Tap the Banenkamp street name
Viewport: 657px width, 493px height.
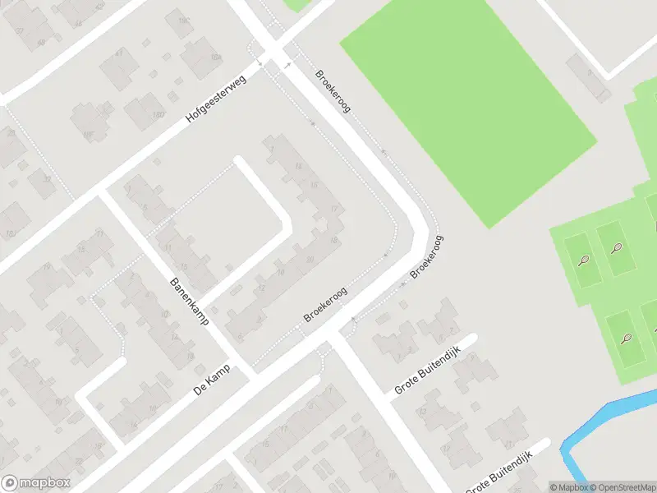[x=189, y=302]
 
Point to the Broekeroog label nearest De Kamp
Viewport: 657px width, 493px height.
[x=325, y=304]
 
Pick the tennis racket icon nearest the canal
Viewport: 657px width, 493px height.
[x=627, y=338]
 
